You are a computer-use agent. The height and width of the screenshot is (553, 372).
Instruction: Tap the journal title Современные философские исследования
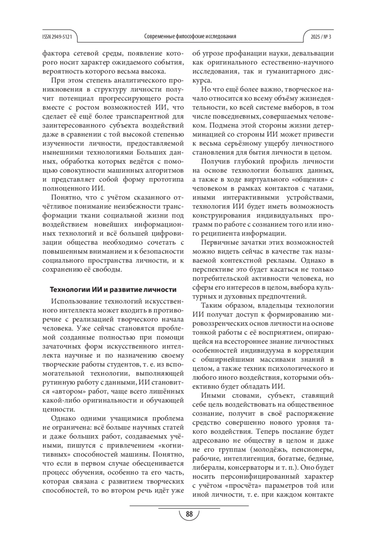click(190, 37)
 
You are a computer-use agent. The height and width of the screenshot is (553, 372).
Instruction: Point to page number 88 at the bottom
click(189, 514)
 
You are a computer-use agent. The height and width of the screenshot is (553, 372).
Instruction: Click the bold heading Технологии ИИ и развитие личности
click(113, 290)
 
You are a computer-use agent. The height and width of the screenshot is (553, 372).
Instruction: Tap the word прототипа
click(166, 180)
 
